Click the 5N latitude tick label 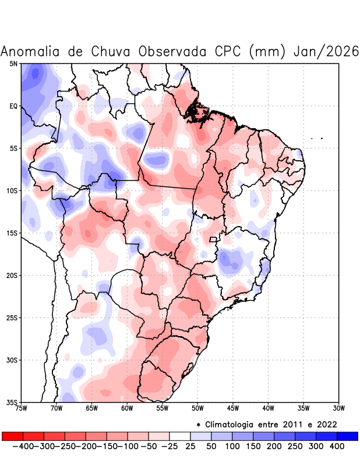[x=13, y=63]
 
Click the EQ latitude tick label [x=13, y=106]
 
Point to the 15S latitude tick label [x=12, y=233]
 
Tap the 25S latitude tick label [x=12, y=318]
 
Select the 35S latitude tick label [x=12, y=402]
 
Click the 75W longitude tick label [x=22, y=408]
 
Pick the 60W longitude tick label [x=127, y=408]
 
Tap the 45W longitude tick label [x=233, y=408]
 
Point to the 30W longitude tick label [x=338, y=408]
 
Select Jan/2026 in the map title [x=326, y=51]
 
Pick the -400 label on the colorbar [x=23, y=446]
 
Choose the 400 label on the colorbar [x=337, y=446]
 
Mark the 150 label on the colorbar [x=253, y=446]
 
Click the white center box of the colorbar [x=180, y=436]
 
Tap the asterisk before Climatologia [x=199, y=425]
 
